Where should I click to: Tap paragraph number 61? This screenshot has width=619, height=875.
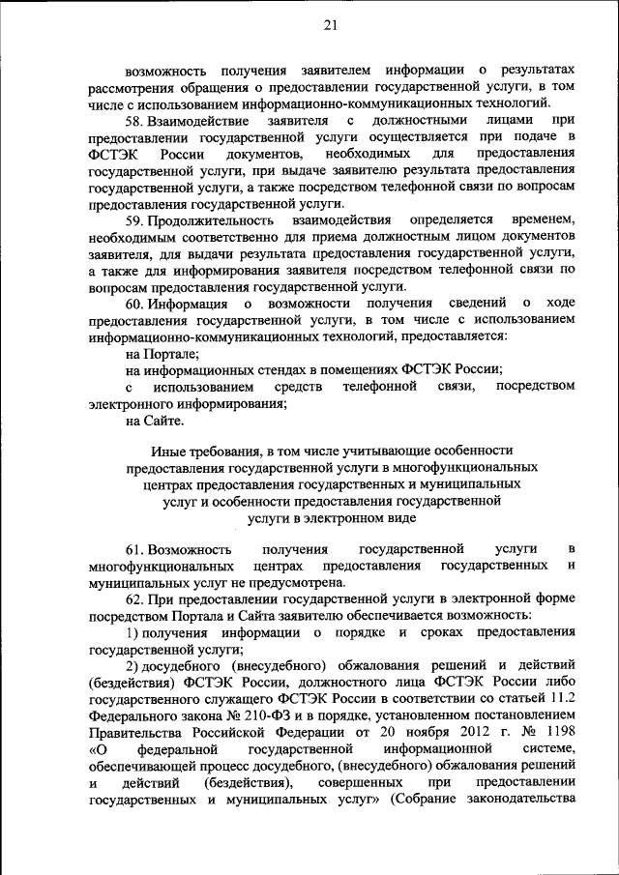(x=134, y=548)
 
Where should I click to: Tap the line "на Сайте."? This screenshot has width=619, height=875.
(x=155, y=421)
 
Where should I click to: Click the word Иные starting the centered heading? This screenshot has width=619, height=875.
(x=168, y=451)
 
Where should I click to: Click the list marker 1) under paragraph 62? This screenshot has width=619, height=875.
(x=134, y=631)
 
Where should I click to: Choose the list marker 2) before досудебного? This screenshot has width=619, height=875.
(x=134, y=665)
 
